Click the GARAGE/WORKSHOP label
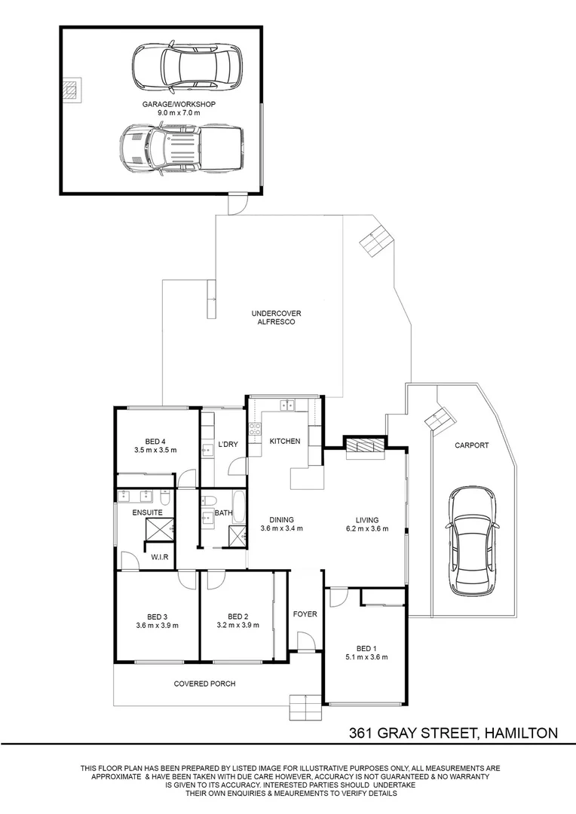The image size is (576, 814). [x=179, y=104]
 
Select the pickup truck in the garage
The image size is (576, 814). [x=181, y=148]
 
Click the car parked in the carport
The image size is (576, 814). [x=473, y=541]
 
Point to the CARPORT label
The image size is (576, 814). [x=472, y=445]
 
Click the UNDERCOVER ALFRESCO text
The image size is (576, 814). [x=276, y=318]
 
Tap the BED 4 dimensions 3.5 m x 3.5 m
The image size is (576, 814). [x=155, y=450]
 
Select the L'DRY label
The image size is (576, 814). [x=228, y=445]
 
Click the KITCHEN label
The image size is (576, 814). [x=285, y=441]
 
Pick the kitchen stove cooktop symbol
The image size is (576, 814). [x=255, y=429]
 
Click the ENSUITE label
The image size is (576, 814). [x=148, y=513]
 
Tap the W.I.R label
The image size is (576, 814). [x=159, y=557]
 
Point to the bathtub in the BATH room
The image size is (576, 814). [x=240, y=507]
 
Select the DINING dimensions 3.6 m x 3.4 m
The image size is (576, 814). [x=281, y=528]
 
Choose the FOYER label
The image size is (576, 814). [x=305, y=614]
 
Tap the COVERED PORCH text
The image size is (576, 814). [x=204, y=684]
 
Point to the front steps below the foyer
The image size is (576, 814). [x=306, y=706]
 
